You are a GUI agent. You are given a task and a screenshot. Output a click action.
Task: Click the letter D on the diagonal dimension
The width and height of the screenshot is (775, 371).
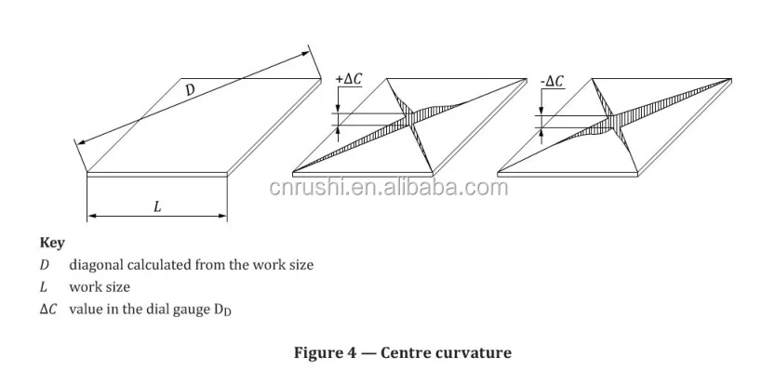click(x=189, y=90)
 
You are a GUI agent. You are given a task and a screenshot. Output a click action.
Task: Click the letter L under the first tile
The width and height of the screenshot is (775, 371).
click(x=156, y=207)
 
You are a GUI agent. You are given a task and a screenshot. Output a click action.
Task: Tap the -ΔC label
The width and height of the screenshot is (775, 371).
click(x=551, y=81)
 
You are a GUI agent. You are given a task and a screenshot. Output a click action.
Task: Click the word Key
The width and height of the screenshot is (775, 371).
click(x=52, y=244)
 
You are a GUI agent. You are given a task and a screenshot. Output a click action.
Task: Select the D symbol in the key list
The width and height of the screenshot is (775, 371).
click(x=44, y=265)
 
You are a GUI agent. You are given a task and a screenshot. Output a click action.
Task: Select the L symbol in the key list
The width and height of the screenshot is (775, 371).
click(x=43, y=287)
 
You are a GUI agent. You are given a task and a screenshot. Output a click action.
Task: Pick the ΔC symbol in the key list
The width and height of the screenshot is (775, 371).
click(x=47, y=309)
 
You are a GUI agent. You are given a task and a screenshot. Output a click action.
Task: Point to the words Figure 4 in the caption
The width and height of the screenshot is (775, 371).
click(x=327, y=353)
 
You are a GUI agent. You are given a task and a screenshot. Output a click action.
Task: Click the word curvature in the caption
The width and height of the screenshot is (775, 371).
click(x=475, y=353)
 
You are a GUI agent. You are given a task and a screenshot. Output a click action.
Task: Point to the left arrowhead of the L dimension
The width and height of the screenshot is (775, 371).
click(x=90, y=218)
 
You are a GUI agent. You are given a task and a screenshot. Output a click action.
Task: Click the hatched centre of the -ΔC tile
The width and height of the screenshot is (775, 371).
click(x=613, y=122)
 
